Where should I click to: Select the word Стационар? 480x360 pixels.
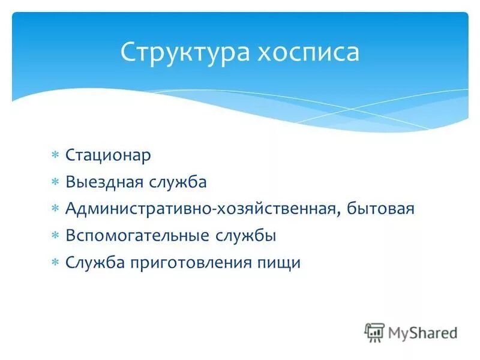(108, 155)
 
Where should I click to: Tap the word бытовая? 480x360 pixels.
(384, 209)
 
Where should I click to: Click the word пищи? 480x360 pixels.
(282, 263)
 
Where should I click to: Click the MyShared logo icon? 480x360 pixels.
(375, 332)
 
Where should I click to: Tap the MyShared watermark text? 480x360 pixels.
(422, 332)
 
